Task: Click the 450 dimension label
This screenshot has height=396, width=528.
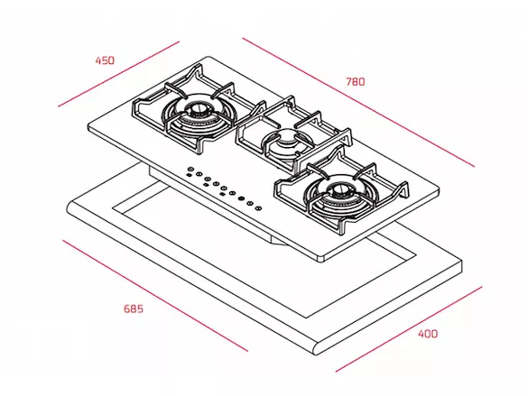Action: (x=105, y=60)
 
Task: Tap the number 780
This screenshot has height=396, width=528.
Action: (x=356, y=82)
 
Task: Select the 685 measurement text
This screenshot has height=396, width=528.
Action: (x=134, y=309)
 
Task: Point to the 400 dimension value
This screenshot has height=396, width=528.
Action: (x=428, y=334)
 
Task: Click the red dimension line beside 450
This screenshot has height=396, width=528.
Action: (x=118, y=74)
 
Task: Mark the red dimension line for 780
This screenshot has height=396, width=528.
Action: (x=358, y=102)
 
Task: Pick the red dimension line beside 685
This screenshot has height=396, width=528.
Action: (x=155, y=295)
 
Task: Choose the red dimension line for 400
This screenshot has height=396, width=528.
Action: (x=409, y=329)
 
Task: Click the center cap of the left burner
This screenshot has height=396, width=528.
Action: (x=197, y=108)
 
